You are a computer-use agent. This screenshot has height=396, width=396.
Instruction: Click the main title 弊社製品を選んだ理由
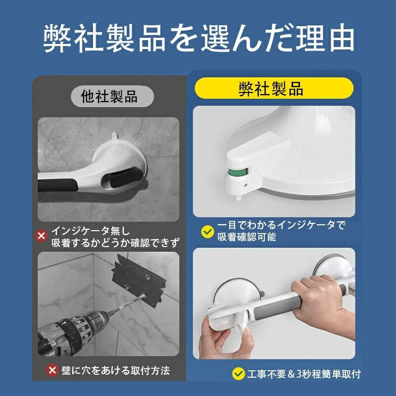pyautogui.click(x=199, y=38)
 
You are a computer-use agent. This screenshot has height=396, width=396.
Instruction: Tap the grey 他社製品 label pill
pyautogui.click(x=112, y=96)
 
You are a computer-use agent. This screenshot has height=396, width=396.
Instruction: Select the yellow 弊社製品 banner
pyautogui.click(x=274, y=88)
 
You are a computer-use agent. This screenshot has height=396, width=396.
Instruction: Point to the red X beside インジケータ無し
pyautogui.click(x=41, y=236)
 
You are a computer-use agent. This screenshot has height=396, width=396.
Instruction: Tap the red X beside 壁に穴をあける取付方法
pyautogui.click(x=52, y=370)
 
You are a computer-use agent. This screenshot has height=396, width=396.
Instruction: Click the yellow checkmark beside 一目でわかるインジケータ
pyautogui.click(x=207, y=232)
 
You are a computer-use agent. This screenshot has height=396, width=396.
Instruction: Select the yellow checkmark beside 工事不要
pyautogui.click(x=239, y=374)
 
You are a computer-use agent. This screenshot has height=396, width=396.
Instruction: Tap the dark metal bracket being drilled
pyautogui.click(x=139, y=281)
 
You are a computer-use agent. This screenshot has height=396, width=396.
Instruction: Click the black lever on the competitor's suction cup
pyautogui.click(x=126, y=178)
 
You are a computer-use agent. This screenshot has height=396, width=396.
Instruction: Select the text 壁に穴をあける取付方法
pyautogui.click(x=116, y=371)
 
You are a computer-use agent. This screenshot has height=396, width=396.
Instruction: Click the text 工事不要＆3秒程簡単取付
pyautogui.click(x=304, y=374)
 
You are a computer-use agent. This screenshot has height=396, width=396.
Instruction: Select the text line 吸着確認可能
pyautogui.click(x=247, y=237)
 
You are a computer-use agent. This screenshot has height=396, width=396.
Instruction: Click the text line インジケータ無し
pyautogui.click(x=91, y=231)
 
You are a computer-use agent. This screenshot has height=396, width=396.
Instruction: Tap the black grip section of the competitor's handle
pyautogui.click(x=58, y=185)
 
